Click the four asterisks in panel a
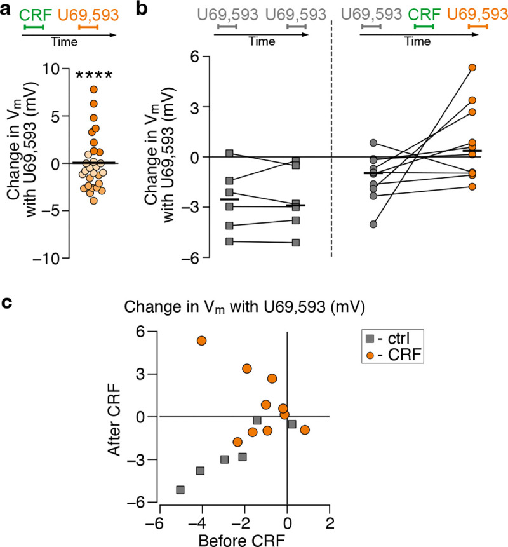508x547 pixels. point(94,76)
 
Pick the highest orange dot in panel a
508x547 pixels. point(93,90)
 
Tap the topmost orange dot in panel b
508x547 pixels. point(472,67)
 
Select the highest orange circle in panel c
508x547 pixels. point(202,341)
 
